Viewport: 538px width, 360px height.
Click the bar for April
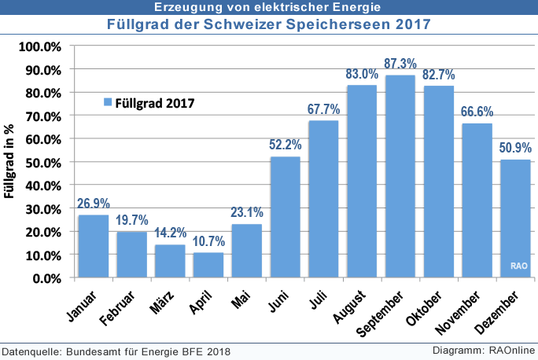208,265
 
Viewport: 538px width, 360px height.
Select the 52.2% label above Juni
286,145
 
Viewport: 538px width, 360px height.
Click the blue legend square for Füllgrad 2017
108,101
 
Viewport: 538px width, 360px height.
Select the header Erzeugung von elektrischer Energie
268,7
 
